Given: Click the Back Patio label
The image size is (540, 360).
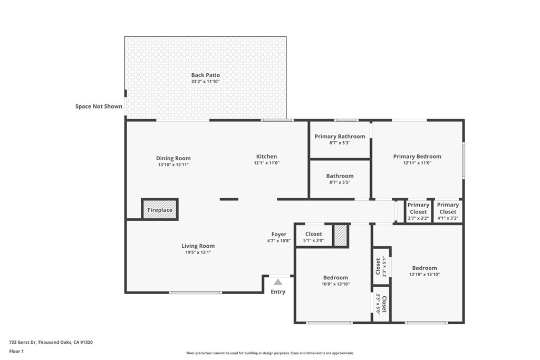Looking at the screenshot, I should [x=205, y=75].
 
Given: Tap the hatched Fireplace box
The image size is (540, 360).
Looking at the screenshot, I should [x=160, y=209].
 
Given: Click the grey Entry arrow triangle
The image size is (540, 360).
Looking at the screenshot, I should [x=278, y=282].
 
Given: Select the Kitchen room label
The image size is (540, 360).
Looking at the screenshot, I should [x=266, y=157].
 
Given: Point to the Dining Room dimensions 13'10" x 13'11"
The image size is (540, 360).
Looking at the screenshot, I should [x=173, y=165].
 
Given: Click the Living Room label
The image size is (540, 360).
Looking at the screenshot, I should [x=198, y=246].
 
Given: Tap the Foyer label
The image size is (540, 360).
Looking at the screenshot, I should [x=279, y=235].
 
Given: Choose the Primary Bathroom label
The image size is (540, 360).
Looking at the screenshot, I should [x=340, y=137].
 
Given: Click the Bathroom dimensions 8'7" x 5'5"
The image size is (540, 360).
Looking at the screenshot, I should [x=340, y=182].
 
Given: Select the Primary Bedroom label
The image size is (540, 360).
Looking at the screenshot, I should [x=417, y=157].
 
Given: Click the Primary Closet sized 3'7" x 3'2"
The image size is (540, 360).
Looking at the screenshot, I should [x=418, y=211].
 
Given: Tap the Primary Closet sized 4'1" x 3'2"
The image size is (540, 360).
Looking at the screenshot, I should [x=448, y=211].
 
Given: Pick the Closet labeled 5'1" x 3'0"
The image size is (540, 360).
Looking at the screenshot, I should [x=313, y=237].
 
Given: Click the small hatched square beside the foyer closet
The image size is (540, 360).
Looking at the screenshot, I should [x=341, y=236].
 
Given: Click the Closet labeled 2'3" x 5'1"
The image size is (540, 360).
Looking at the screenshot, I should [x=381, y=267].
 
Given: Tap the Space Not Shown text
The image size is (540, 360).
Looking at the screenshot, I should [x=99, y=106].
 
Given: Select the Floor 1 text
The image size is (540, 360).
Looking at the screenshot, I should [x=17, y=351].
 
